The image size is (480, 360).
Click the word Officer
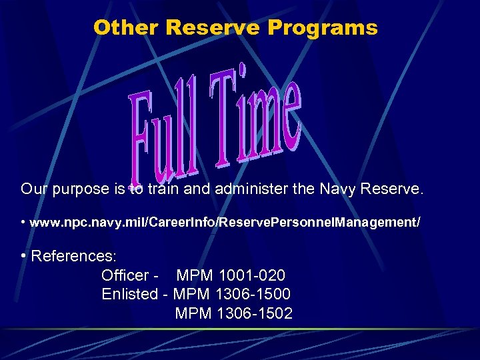coord(124,275)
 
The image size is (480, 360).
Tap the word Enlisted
coord(130,294)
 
